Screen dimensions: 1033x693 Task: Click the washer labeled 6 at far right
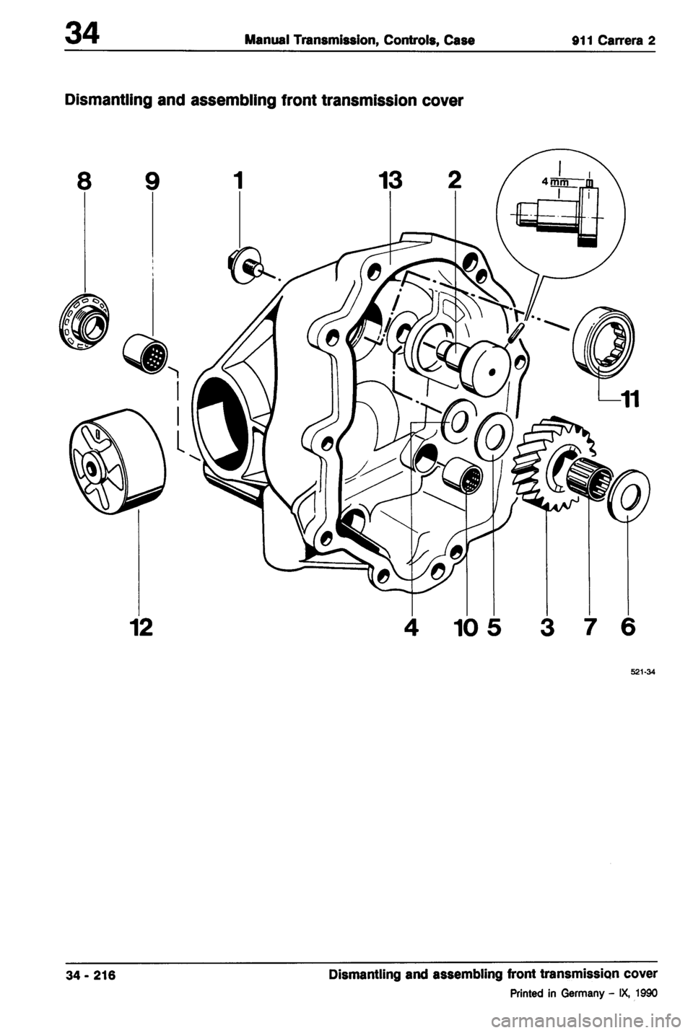tap(627, 496)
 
